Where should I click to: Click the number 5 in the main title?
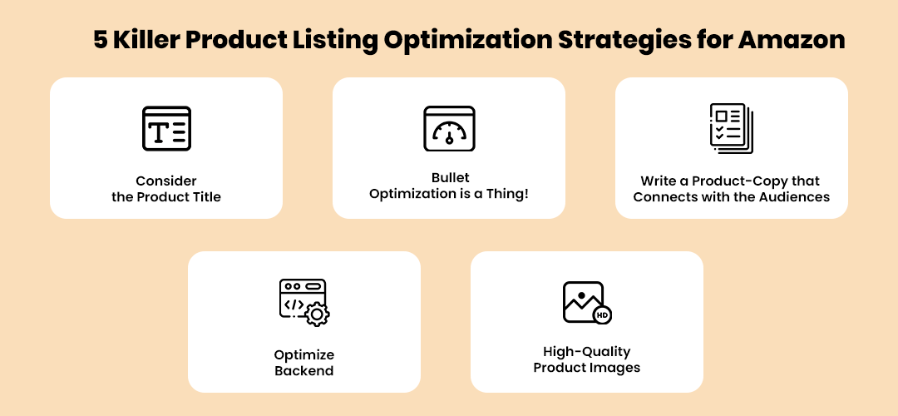[101, 40]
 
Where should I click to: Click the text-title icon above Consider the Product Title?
[166, 128]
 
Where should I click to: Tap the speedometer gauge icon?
[449, 128]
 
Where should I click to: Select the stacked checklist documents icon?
[732, 128]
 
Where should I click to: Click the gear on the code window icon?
[317, 314]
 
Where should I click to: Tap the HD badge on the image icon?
[601, 314]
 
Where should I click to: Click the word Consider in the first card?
[166, 181]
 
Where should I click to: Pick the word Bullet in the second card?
[450, 177]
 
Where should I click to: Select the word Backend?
[304, 371]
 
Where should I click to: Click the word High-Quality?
[586, 352]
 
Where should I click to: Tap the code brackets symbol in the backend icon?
[294, 305]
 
